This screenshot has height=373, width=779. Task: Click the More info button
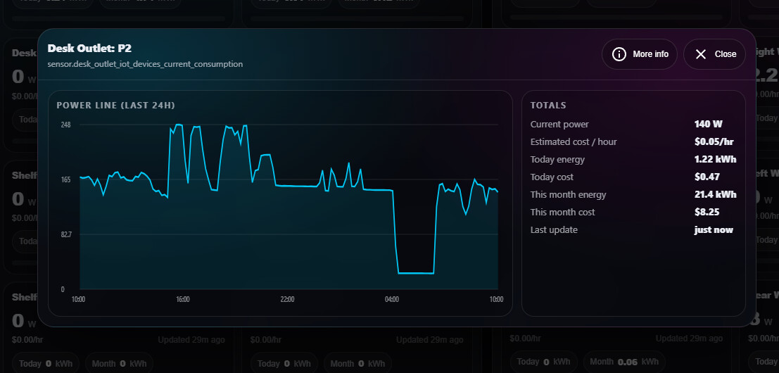coord(640,54)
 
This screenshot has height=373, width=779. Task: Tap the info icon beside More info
coord(619,54)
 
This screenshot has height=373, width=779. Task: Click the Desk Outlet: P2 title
coord(89,49)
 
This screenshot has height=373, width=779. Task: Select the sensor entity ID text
coord(145,64)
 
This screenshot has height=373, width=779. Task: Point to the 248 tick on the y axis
coord(65,125)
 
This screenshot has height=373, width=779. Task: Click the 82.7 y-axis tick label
coord(66,234)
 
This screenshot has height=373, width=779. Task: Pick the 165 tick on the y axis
coord(65,179)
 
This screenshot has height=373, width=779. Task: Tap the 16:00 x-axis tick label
coord(182,300)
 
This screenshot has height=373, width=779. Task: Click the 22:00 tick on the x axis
coord(287,300)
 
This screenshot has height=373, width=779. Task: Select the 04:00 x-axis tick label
coord(392,300)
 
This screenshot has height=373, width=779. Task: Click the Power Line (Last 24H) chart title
coord(115,106)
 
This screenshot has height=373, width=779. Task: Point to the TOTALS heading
coord(548,106)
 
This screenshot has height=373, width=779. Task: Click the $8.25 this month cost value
coord(715,213)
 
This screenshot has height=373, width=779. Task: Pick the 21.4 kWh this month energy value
coord(715,195)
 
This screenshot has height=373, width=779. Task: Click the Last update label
coord(554,230)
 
